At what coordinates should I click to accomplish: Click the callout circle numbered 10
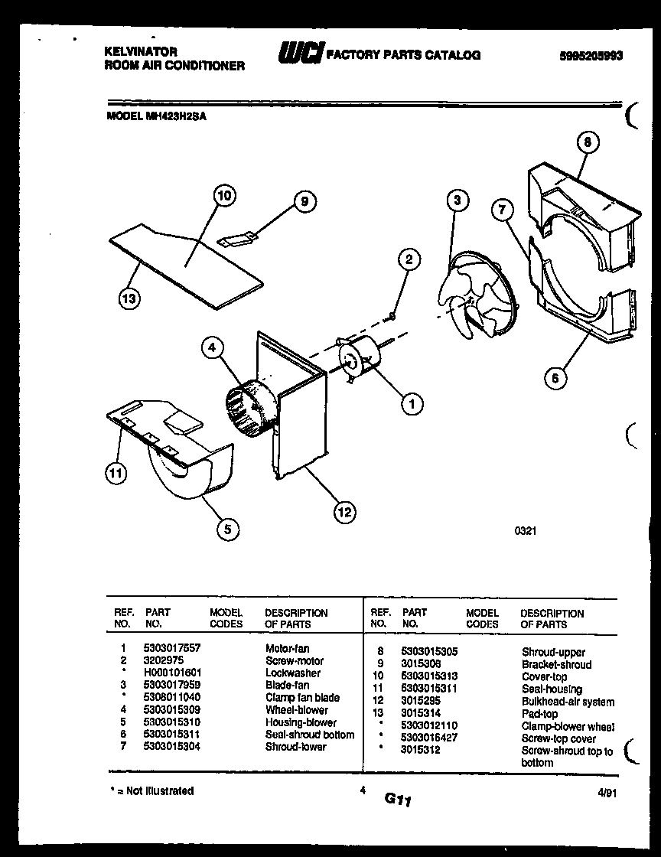[223, 196]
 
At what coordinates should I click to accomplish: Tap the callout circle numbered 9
[304, 202]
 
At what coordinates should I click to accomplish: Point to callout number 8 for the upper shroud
[587, 142]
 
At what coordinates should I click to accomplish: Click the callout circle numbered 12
[345, 512]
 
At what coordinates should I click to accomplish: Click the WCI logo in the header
[300, 54]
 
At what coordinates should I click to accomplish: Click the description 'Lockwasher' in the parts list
[292, 673]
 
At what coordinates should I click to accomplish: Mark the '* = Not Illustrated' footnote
[149, 791]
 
